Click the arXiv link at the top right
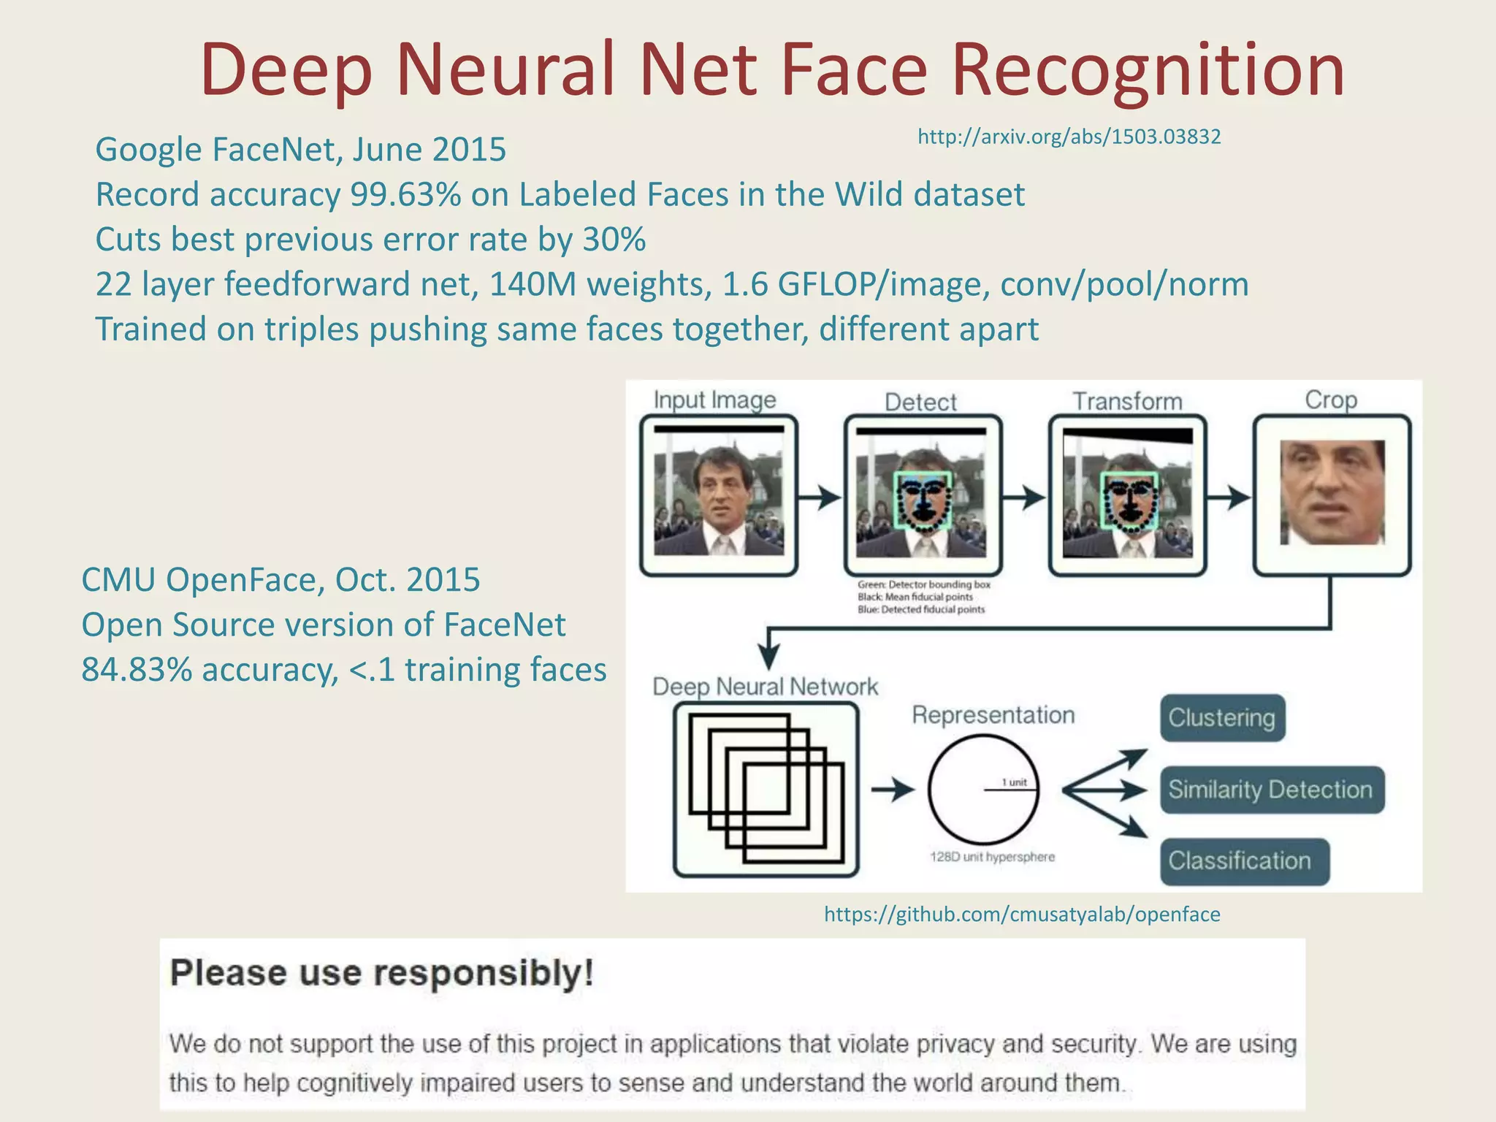click(x=1069, y=137)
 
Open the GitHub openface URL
click(x=1022, y=915)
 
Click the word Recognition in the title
click(x=1148, y=70)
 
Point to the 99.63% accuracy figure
click(x=405, y=195)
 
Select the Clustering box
click(x=1222, y=718)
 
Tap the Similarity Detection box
click(x=1271, y=790)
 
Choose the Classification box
click(x=1244, y=861)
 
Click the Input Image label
click(x=714, y=400)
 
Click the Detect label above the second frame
click(x=920, y=402)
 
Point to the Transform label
click(x=1127, y=401)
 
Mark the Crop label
click(x=1331, y=400)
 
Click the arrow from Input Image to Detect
click(x=820, y=497)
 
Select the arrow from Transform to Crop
click(x=1229, y=497)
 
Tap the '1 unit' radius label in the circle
click(x=1014, y=782)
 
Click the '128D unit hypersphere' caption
click(x=992, y=857)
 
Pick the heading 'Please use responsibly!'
click(x=382, y=973)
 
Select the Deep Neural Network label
click(x=765, y=687)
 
